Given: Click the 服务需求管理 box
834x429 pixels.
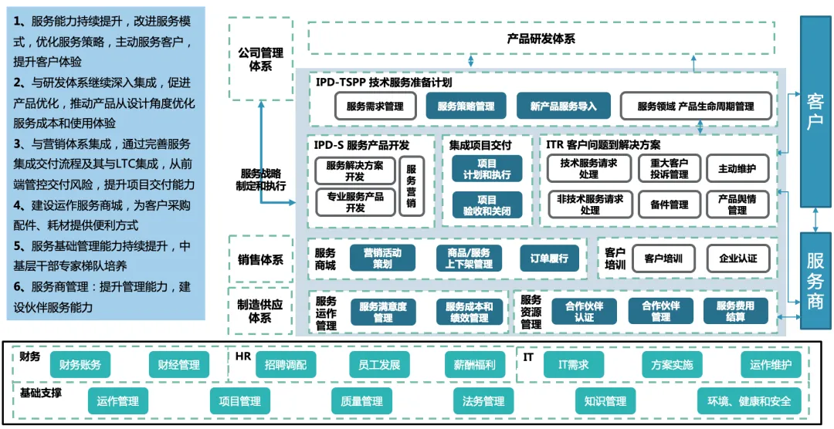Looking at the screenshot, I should click(x=375, y=106).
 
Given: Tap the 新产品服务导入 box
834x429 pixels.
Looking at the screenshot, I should click(x=563, y=106).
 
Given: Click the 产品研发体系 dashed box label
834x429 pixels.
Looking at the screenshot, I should click(x=541, y=39).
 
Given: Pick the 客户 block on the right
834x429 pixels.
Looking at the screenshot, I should click(x=815, y=112).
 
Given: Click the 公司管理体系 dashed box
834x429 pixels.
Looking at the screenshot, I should click(x=260, y=59).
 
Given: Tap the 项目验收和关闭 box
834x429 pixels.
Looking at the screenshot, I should click(x=486, y=205).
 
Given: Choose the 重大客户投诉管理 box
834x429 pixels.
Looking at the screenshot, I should click(x=668, y=169).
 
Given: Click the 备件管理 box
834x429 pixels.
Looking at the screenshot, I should click(x=668, y=204).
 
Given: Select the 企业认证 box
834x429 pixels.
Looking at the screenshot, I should click(x=737, y=258).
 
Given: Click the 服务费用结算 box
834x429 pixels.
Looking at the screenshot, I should click(x=734, y=311).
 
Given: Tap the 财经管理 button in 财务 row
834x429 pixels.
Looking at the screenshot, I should click(x=178, y=364).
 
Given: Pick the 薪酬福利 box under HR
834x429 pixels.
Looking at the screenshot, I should click(x=474, y=364).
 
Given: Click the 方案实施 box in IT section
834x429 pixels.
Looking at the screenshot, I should click(x=672, y=364).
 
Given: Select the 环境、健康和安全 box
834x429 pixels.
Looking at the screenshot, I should click(x=744, y=401).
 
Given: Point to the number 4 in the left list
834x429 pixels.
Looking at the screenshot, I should click(x=18, y=206).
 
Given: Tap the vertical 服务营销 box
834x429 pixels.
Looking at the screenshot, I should click(x=411, y=186).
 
